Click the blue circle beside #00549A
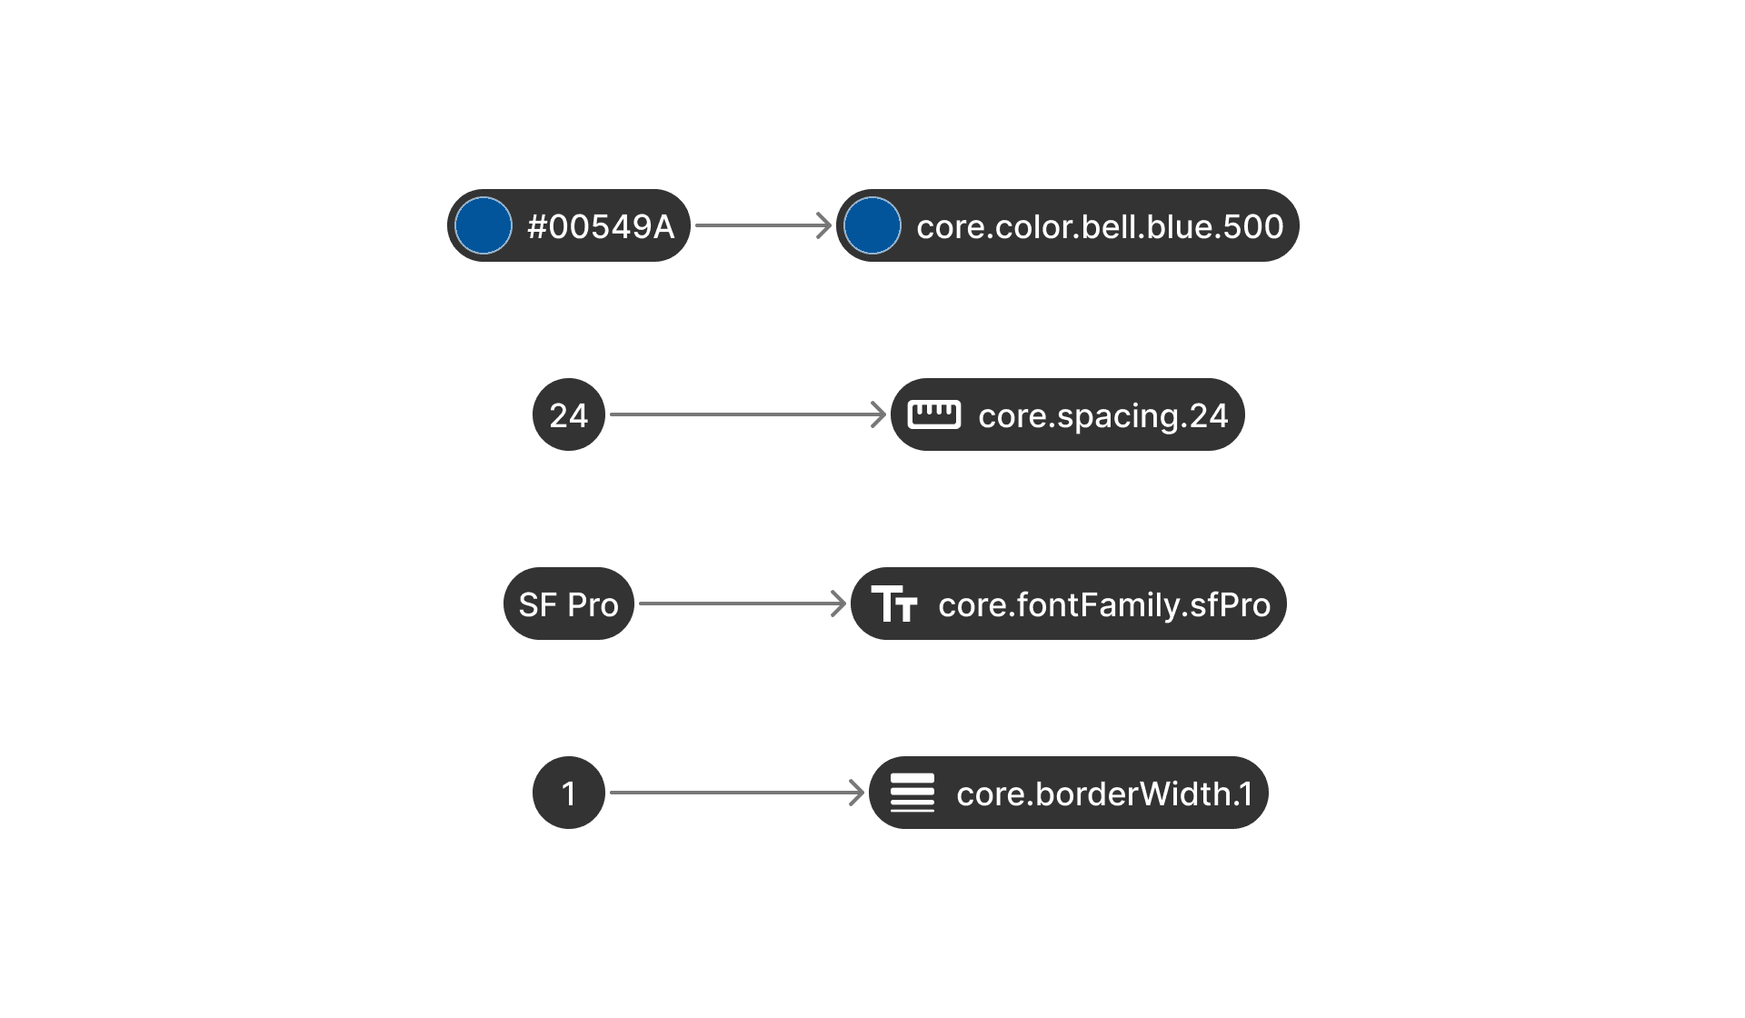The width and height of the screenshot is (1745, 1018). (x=483, y=225)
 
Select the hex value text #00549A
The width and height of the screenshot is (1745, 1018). (x=601, y=226)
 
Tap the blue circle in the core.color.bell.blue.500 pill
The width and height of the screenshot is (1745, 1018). (x=872, y=225)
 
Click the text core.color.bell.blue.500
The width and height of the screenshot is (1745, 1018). (x=1100, y=226)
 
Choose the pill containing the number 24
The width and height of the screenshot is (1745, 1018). (x=569, y=414)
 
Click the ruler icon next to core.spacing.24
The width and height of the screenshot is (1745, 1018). (x=933, y=414)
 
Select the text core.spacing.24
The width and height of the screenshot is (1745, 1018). (x=1102, y=415)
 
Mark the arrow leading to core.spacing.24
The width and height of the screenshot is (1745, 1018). (x=745, y=414)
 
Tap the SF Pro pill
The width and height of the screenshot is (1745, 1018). (x=569, y=604)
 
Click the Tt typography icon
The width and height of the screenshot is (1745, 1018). (x=894, y=604)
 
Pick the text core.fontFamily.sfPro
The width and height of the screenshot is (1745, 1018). (x=1104, y=604)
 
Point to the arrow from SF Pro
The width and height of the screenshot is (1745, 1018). (x=741, y=604)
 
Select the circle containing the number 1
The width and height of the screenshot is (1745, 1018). (x=569, y=793)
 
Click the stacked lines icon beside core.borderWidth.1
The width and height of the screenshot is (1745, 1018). (x=912, y=793)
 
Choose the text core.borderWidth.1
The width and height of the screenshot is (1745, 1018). (x=1104, y=793)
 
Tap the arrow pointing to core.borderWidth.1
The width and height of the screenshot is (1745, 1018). (x=736, y=793)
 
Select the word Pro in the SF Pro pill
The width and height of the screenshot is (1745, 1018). (x=593, y=604)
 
